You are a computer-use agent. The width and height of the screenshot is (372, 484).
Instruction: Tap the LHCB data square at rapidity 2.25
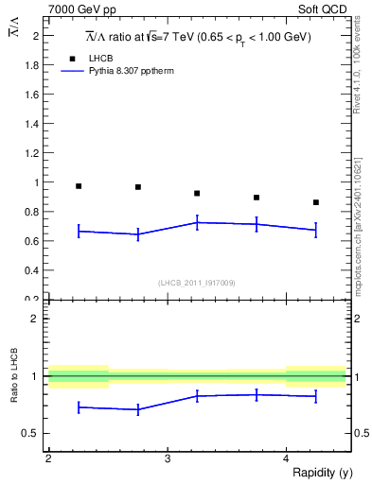pyautogui.click(x=79, y=186)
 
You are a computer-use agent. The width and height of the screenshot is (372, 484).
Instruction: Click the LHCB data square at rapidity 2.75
pyautogui.click(x=138, y=187)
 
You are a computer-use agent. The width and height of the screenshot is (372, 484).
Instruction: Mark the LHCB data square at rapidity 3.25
pyautogui.click(x=197, y=194)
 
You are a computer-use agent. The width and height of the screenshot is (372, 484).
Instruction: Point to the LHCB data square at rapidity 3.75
pyautogui.click(x=257, y=198)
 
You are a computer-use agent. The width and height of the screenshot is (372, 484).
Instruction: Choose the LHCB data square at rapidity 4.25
pyautogui.click(x=316, y=202)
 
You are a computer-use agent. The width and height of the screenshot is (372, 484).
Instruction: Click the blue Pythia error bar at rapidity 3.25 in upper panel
pyautogui.click(x=197, y=223)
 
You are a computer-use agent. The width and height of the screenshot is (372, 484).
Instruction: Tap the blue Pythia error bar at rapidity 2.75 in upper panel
pyautogui.click(x=138, y=234)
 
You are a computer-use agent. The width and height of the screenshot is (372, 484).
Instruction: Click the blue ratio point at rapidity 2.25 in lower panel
pyautogui.click(x=79, y=406)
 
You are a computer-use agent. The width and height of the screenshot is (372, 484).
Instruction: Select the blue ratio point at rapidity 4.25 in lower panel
pyautogui.click(x=316, y=396)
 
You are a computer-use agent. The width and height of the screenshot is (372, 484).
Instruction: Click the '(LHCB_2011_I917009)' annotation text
pyautogui.click(x=197, y=283)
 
